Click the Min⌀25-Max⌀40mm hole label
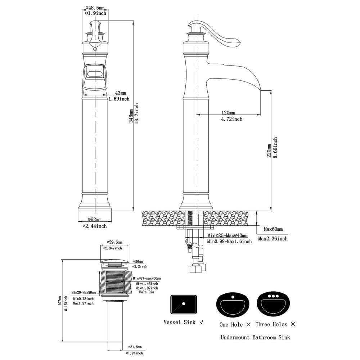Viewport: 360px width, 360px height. pos(227,235)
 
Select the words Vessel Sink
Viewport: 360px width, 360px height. pos(180,322)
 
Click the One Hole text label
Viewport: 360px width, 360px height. pos(231,324)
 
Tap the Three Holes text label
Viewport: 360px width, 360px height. pos(271,324)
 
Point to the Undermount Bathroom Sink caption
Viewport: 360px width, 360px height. pos(255,338)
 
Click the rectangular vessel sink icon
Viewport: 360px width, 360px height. pos(184,304)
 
